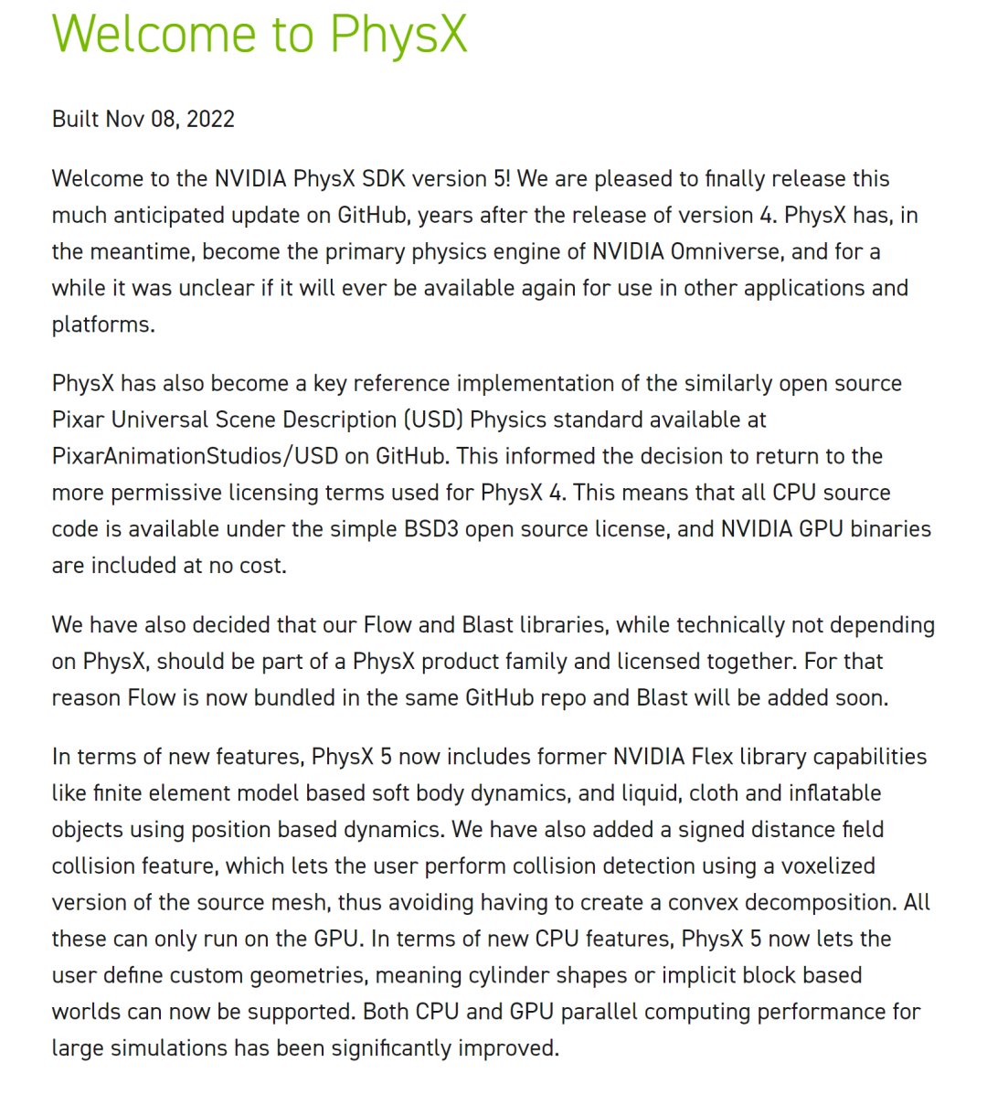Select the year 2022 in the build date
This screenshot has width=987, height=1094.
point(210,120)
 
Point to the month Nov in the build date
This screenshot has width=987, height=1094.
point(125,120)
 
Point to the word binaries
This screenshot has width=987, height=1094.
point(890,530)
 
